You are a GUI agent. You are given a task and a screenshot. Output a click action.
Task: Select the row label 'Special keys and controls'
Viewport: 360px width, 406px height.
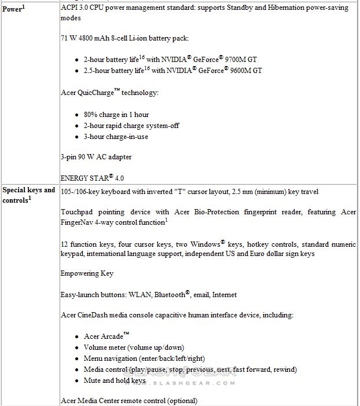point(28,195)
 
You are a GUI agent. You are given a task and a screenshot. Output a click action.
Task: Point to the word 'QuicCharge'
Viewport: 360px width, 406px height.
point(98,93)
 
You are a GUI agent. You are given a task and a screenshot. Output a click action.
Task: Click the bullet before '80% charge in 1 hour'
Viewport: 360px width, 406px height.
point(78,115)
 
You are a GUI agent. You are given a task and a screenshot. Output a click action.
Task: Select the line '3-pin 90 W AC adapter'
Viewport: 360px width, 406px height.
point(96,157)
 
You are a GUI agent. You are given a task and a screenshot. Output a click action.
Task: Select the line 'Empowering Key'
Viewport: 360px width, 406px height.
point(87,273)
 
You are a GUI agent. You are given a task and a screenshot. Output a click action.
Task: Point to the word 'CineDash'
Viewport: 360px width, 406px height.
point(95,315)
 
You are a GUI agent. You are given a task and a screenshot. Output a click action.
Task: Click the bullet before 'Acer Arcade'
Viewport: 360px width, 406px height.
point(78,336)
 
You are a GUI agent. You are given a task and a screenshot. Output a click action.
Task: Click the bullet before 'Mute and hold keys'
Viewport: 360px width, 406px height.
point(78,381)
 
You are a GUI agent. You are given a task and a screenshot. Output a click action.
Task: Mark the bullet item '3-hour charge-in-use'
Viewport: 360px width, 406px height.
point(116,137)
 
